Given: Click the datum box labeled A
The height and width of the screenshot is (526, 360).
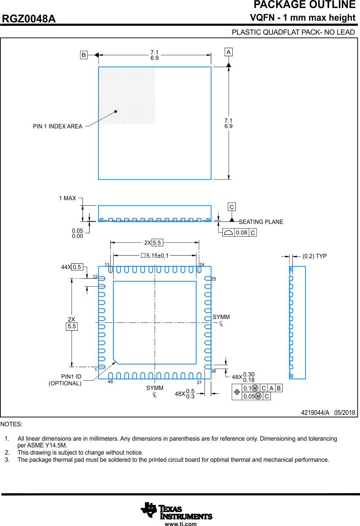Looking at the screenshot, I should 229,52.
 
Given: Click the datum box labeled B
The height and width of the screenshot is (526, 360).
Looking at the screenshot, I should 84,55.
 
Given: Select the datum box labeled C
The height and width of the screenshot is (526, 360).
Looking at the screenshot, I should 232,207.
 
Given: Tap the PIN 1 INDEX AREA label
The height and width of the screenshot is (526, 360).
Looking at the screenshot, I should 57,126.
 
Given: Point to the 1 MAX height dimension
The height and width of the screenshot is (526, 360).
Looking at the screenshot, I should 68,198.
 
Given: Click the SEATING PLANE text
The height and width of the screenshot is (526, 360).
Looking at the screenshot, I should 261,222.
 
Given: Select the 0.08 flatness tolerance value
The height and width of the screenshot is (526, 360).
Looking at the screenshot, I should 242,233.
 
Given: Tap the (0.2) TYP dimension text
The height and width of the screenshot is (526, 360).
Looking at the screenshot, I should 314,256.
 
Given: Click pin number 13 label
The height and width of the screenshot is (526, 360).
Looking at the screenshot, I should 107,264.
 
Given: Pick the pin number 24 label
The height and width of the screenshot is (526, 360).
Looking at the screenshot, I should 202,264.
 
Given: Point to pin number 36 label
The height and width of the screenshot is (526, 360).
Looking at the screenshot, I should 213,371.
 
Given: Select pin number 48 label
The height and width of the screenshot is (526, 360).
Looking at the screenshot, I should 110,382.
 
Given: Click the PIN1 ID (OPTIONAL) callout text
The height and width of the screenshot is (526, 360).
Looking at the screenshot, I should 65,380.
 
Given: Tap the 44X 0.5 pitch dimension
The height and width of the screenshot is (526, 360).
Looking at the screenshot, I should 72,267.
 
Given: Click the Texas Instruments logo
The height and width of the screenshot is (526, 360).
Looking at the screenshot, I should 176,511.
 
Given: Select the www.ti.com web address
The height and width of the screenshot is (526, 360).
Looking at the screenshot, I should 180,524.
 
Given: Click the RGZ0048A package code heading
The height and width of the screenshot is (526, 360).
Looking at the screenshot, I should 29,19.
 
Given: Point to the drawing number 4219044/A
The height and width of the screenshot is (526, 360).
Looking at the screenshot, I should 315,412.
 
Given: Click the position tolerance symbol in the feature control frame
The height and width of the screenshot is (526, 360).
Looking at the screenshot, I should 237,392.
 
